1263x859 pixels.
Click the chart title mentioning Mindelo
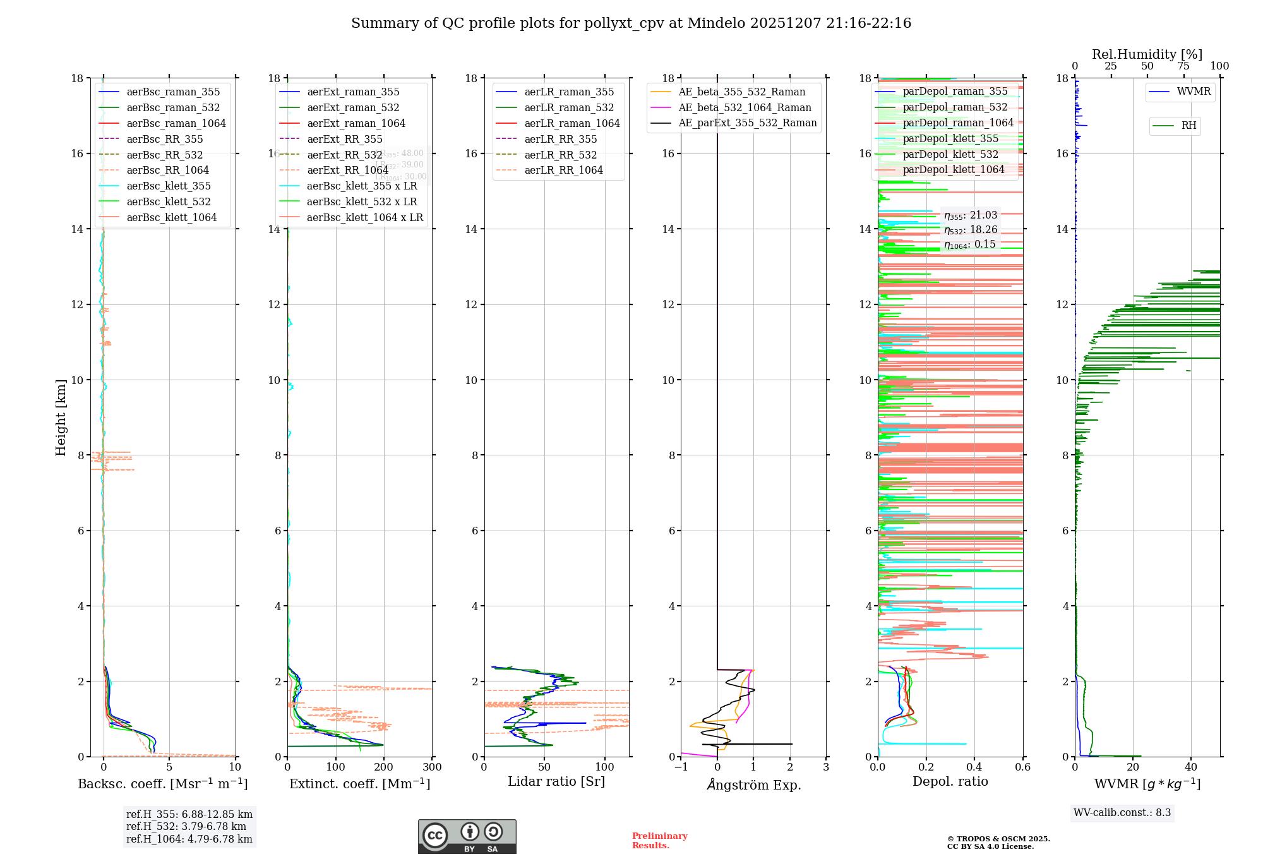point(631,23)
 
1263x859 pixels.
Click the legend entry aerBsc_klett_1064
point(171,217)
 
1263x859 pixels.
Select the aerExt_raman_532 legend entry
point(353,107)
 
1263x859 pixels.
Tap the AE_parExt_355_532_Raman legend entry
point(747,123)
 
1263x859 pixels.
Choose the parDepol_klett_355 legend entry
point(950,138)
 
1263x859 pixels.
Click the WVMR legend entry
point(1194,92)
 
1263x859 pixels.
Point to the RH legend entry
point(1188,126)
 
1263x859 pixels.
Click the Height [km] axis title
point(61,417)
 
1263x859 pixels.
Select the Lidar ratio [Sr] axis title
point(556,781)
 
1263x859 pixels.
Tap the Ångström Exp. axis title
point(753,784)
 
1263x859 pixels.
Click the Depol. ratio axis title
point(950,781)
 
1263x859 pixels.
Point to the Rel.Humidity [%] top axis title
point(1147,54)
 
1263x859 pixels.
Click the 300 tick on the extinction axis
point(433,767)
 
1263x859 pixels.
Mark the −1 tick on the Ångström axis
point(681,767)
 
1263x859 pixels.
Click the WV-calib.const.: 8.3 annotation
point(1122,812)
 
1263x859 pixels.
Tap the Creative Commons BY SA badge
point(467,837)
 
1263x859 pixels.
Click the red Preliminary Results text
point(659,840)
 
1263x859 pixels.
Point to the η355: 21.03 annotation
point(970,215)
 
